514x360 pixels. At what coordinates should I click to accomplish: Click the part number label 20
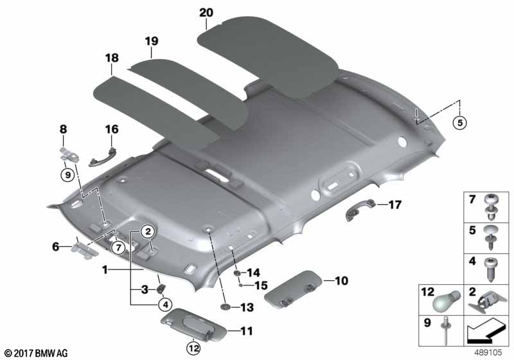click(206, 12)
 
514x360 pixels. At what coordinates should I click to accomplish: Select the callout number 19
click(151, 42)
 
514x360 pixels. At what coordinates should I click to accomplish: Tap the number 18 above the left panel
click(112, 59)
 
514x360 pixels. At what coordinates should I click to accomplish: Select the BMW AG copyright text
click(35, 353)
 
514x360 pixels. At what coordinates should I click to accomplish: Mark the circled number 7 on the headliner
click(118, 247)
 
